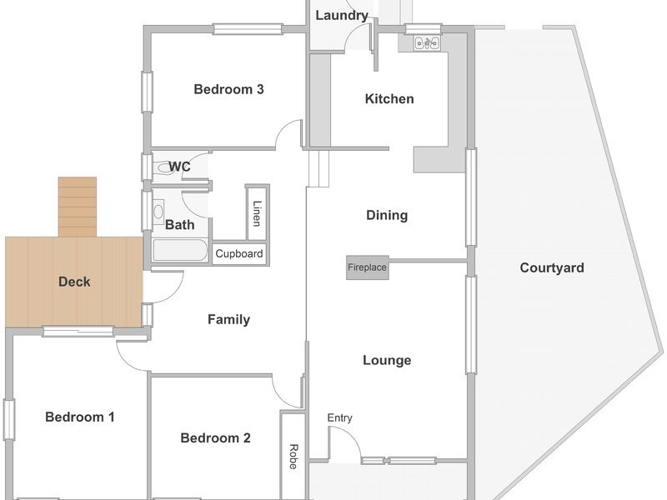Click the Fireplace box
pos(368,267)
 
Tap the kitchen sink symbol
pos(427,43)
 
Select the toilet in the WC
pos(164,167)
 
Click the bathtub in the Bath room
pos(180,250)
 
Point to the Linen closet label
pos(257,213)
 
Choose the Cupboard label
pos(239,254)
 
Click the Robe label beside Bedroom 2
pos(293,457)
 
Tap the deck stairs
pos(78,207)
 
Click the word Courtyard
pos(552,267)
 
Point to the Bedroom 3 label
pos(228,89)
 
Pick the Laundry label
pos(342,16)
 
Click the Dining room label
pos(387,215)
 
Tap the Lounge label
pos(387,361)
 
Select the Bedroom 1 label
pos(79,417)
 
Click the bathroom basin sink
pos(158,212)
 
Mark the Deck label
pos(74,282)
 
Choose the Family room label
pos(228,319)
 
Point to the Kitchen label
pos(389,99)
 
